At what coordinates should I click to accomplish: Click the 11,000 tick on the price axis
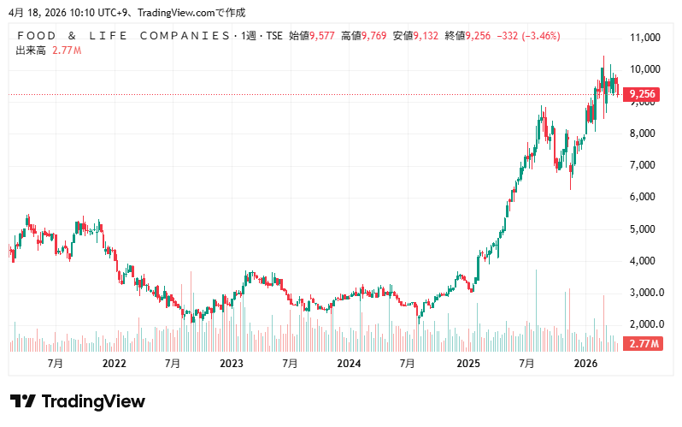(644, 38)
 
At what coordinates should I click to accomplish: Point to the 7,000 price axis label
(642, 165)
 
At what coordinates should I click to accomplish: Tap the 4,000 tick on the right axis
(642, 261)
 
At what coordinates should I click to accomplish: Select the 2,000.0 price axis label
(645, 324)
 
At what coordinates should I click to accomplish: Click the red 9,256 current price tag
(641, 94)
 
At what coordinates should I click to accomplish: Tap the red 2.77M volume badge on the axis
(642, 344)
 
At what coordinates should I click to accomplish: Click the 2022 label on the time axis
(114, 364)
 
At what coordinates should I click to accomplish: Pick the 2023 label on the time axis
(232, 364)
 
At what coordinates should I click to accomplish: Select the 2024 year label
(349, 364)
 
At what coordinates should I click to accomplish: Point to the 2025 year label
(467, 364)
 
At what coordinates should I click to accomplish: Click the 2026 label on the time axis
(585, 364)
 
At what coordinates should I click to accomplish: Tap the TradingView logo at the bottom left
(78, 401)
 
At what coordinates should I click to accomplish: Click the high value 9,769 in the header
(374, 36)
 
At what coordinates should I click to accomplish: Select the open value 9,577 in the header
(322, 36)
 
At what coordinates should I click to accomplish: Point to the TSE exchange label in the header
(273, 36)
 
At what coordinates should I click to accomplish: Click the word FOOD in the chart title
(42, 36)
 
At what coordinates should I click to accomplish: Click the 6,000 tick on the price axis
(642, 197)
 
